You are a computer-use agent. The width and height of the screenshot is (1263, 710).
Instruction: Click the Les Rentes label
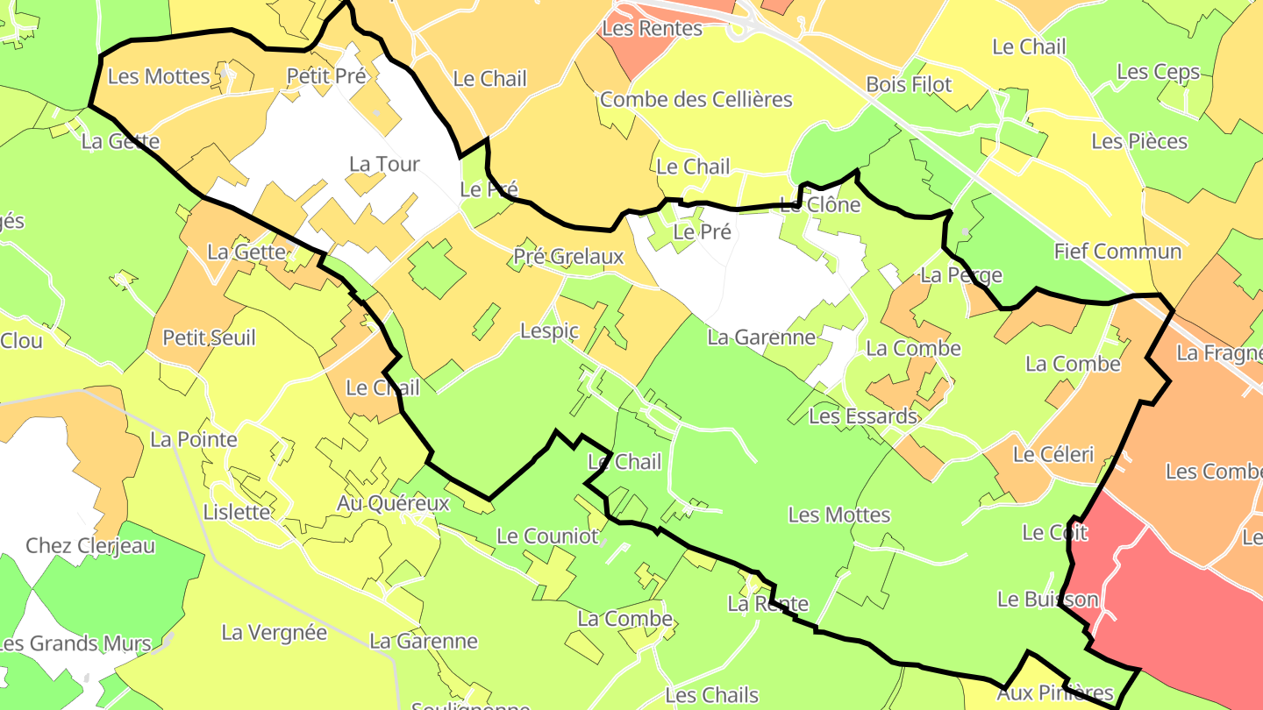tap(652, 28)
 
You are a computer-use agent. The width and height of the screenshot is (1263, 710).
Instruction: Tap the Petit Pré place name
tap(326, 76)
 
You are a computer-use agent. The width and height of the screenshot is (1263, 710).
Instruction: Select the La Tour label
tap(384, 164)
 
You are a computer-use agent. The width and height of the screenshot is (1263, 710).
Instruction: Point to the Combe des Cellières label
tap(696, 99)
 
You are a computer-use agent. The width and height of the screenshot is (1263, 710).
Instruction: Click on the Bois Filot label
tap(909, 85)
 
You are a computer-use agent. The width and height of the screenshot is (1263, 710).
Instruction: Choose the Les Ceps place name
tap(1159, 72)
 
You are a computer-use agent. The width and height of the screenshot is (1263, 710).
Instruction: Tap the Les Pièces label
tap(1139, 141)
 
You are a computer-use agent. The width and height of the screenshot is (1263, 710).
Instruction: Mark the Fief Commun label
tap(1117, 252)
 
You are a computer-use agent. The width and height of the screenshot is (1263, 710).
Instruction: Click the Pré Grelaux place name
tap(568, 256)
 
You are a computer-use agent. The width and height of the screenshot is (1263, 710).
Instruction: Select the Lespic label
tap(550, 330)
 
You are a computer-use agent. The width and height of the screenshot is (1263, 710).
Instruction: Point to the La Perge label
tap(961, 275)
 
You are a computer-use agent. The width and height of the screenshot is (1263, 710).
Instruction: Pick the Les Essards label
tap(862, 415)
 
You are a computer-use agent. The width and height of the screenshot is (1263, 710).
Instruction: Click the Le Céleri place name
tap(1053, 454)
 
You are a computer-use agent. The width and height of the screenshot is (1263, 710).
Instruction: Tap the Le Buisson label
tap(1048, 600)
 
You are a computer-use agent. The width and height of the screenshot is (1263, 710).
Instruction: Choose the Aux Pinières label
tap(1055, 693)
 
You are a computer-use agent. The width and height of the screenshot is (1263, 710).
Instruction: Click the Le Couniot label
tap(547, 536)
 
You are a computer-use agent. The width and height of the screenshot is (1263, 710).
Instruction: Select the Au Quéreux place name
tap(393, 503)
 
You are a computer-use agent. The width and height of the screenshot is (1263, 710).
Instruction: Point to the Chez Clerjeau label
tap(90, 545)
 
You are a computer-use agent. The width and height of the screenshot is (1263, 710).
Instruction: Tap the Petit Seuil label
tap(210, 337)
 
